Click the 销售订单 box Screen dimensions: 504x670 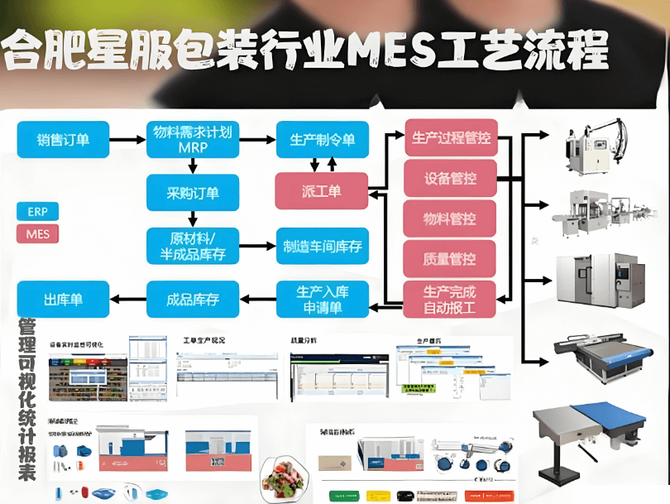coord(63,140)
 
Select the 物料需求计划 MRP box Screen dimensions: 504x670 coord(193,140)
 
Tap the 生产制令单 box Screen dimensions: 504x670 coord(323,140)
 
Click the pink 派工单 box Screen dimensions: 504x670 coord(321,191)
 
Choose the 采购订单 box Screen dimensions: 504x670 coord(193,193)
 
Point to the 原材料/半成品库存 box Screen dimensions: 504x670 coord(193,246)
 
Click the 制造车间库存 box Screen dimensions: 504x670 coord(323,246)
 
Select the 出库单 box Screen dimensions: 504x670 coord(63,299)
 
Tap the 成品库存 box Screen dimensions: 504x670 coord(193,299)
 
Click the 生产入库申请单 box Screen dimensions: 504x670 coord(321,299)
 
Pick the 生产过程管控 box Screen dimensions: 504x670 coord(451,137)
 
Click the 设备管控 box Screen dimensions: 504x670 coord(451,178)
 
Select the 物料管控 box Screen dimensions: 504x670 coord(451,218)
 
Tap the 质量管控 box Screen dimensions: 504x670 coord(451,259)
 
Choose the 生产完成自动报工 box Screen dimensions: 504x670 coord(451,299)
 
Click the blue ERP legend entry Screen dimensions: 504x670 coord(38,211)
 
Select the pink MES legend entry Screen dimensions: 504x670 coord(38,234)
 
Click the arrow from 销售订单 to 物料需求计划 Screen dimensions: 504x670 coord(128,140)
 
